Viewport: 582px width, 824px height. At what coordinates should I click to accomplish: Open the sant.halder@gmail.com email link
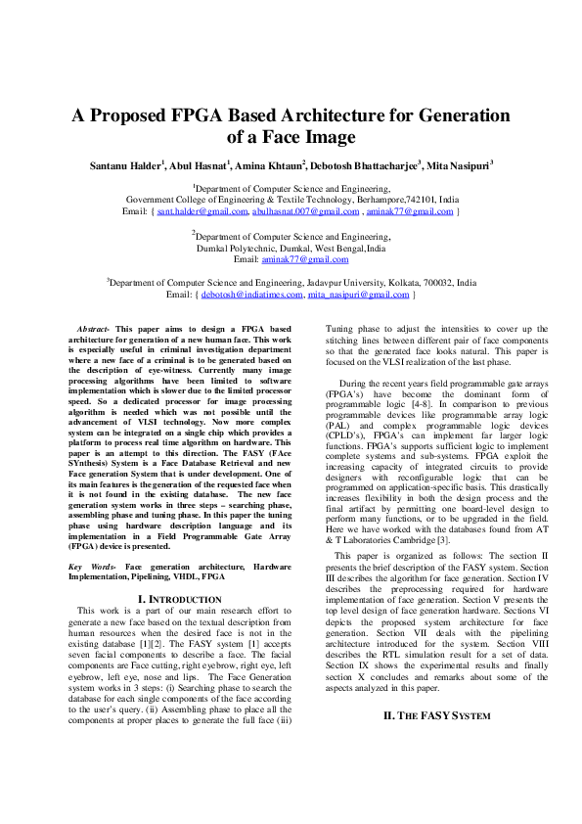202,210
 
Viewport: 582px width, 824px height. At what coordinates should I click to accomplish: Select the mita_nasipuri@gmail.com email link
358,294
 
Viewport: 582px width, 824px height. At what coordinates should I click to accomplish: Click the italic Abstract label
93,328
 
